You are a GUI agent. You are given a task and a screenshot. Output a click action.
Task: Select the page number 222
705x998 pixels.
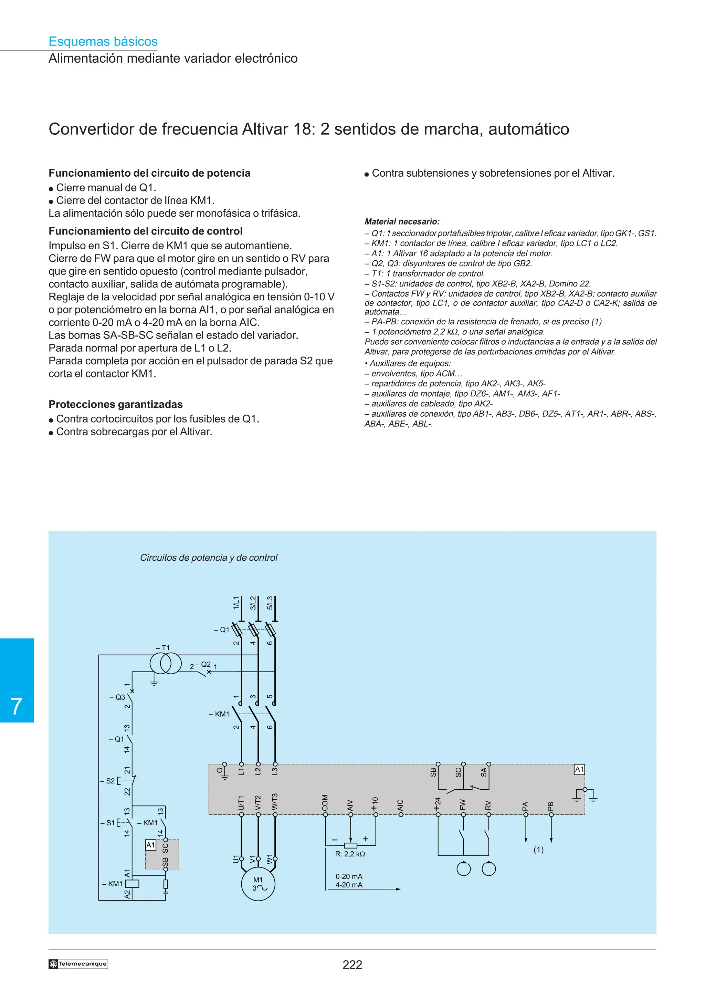coord(352,965)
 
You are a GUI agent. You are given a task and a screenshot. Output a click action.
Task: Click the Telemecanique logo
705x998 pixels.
coord(78,964)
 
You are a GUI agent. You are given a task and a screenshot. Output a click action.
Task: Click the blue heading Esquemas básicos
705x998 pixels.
coord(103,41)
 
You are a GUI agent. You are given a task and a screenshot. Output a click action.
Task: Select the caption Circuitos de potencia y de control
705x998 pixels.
coord(209,557)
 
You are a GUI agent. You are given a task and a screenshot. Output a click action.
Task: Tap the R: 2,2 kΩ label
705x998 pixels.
coord(350,854)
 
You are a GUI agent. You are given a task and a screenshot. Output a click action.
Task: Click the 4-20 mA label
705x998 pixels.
coord(348,885)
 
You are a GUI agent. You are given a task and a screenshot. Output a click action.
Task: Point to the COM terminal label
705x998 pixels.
coord(325,803)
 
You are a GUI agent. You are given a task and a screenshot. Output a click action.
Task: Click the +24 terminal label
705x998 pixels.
coord(438,803)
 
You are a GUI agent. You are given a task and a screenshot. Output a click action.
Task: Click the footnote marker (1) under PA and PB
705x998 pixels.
coord(538,850)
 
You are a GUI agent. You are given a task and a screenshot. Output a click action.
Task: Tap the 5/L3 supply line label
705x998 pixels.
coord(270,603)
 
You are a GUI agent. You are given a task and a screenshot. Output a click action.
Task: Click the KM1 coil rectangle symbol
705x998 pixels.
coord(132,883)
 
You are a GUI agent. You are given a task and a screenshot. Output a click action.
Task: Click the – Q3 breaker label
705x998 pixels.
coord(117,697)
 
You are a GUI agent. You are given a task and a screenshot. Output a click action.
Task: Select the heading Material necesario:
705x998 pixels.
coord(402,222)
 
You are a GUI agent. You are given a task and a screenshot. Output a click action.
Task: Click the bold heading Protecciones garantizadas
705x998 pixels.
coord(116,404)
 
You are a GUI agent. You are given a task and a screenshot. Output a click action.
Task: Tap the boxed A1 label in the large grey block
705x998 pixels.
coord(579,769)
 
